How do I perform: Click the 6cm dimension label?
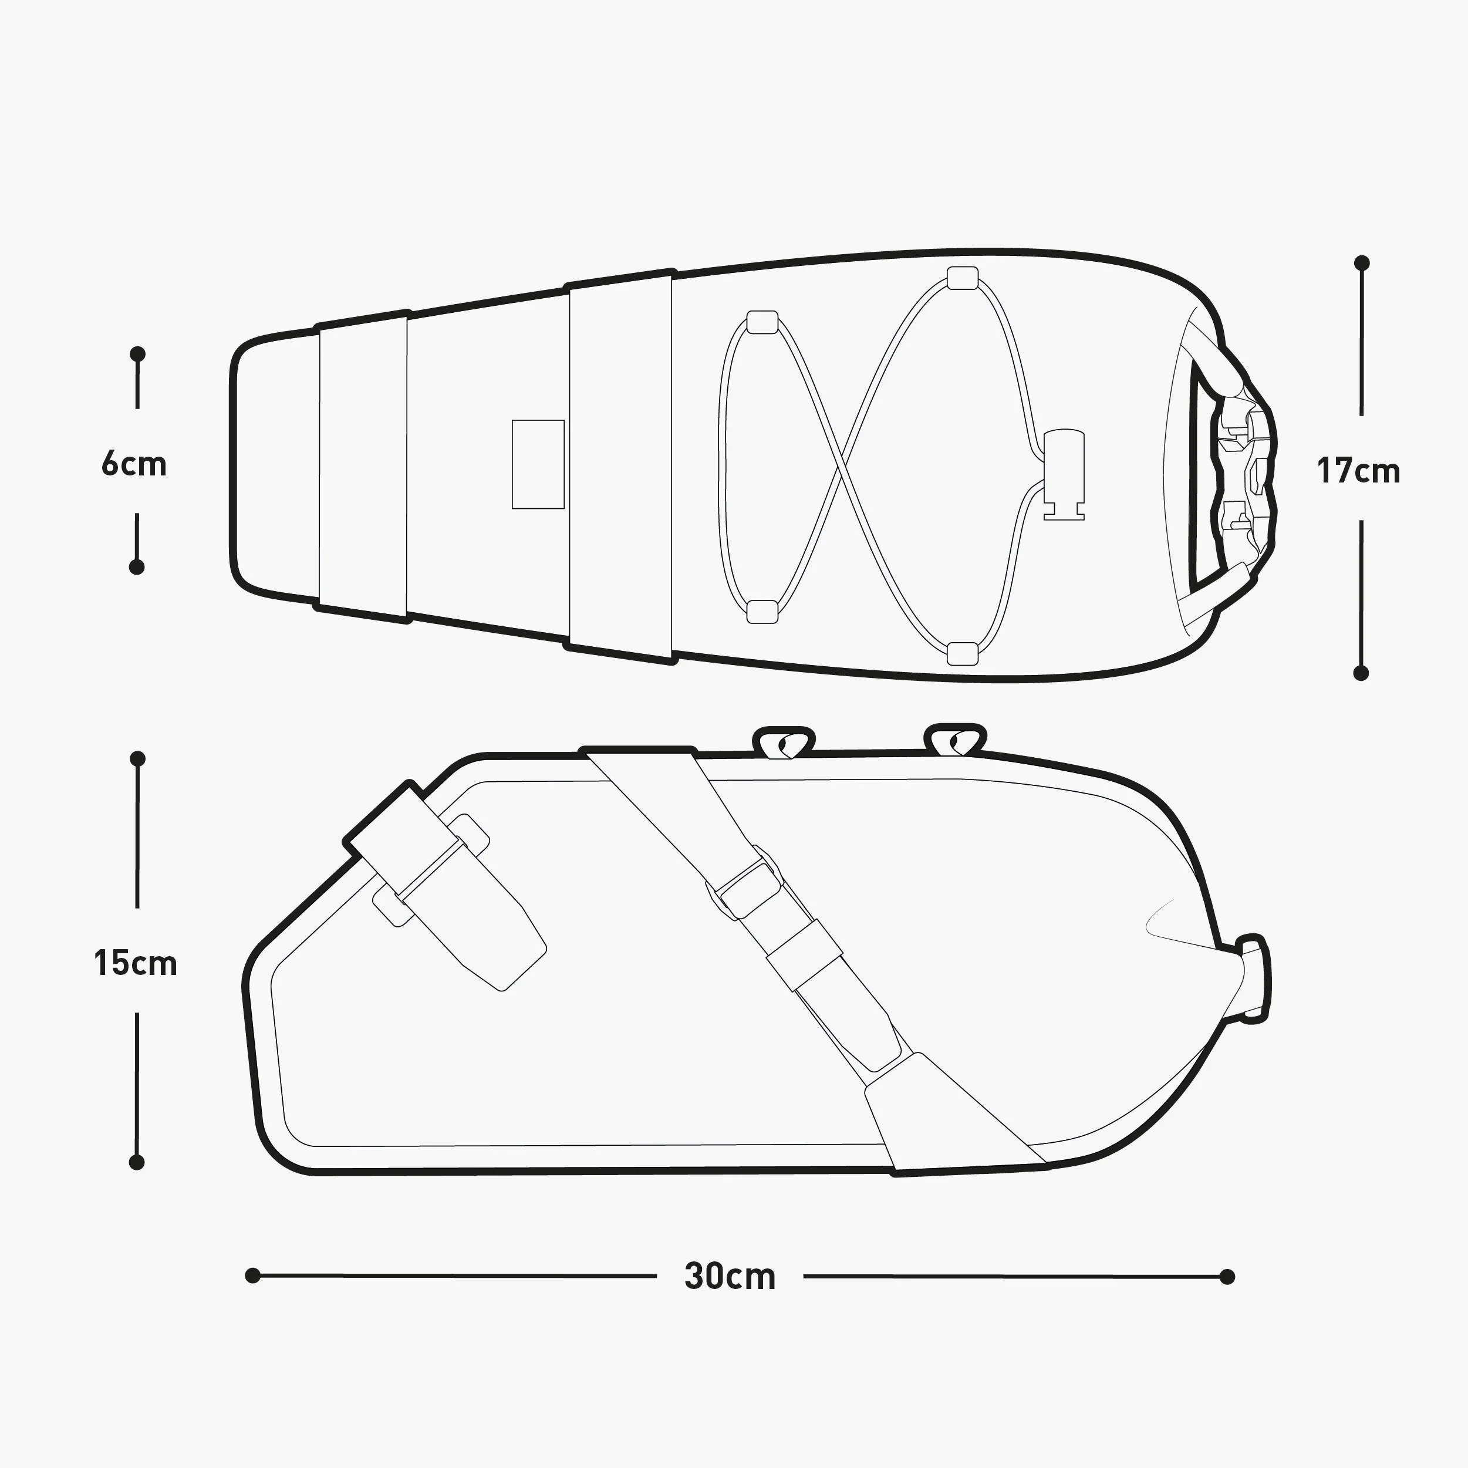click(134, 464)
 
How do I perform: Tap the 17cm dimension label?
click(1359, 471)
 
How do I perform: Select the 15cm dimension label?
click(135, 963)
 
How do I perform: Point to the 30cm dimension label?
click(730, 1277)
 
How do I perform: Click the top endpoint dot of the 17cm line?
click(1362, 263)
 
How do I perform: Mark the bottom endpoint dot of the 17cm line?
click(1361, 673)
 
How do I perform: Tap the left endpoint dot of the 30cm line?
click(253, 1275)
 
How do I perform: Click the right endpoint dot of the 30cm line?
click(1226, 1277)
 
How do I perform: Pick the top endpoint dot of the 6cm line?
click(137, 354)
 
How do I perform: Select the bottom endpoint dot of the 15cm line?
click(137, 1162)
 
